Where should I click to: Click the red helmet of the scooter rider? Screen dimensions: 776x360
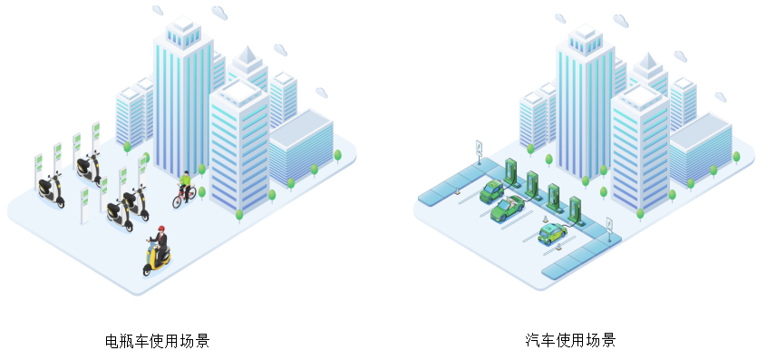click(x=160, y=229)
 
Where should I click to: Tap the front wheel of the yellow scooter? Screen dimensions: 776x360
click(x=148, y=269)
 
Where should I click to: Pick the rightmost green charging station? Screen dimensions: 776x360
click(x=574, y=209)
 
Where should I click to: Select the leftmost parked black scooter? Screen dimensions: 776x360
click(x=51, y=190)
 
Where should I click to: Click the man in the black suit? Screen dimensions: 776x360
click(x=160, y=243)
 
